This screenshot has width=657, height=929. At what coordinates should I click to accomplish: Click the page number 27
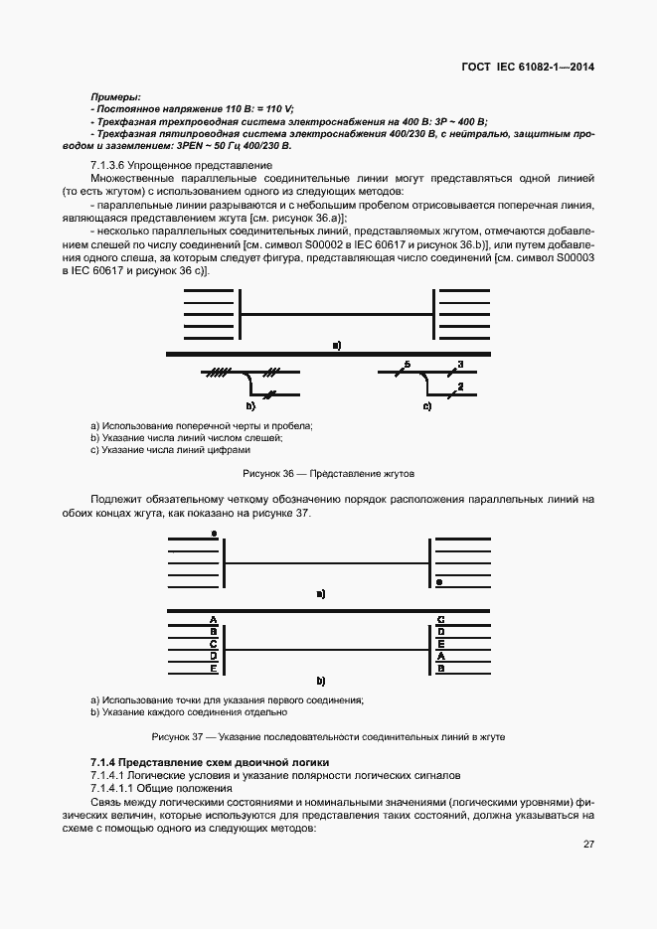pos(588,844)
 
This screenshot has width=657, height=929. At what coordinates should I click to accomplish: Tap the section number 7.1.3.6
pos(110,164)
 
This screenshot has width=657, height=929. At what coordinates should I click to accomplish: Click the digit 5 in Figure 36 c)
pos(407,365)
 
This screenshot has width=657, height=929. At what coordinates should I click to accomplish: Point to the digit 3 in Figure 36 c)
pos(460,365)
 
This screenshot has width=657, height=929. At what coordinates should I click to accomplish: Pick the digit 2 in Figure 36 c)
pos(460,386)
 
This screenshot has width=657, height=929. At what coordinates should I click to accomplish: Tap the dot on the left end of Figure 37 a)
pos(214,534)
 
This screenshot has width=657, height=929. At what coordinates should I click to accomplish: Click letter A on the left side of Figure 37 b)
pos(213,618)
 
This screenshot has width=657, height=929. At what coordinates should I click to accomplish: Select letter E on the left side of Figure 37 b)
pos(213,668)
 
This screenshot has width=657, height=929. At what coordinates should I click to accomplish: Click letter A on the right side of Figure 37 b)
pos(440,656)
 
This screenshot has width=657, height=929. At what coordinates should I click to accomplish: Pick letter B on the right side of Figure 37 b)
pos(440,668)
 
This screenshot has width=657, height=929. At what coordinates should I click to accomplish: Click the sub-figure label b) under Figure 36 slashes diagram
pos(250,406)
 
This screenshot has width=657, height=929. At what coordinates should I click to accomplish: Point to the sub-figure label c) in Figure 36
pos(427,406)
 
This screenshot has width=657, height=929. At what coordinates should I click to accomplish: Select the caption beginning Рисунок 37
pos(328,737)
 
